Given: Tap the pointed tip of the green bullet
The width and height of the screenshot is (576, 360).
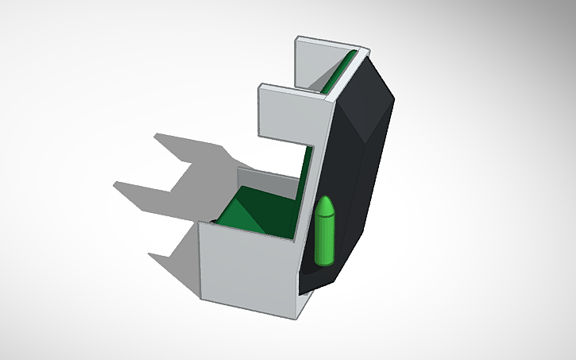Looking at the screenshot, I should click(325, 198).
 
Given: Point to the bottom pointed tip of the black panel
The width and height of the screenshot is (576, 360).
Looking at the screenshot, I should click(310, 291).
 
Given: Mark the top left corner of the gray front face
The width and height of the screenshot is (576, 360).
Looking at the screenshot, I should click(198, 225).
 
